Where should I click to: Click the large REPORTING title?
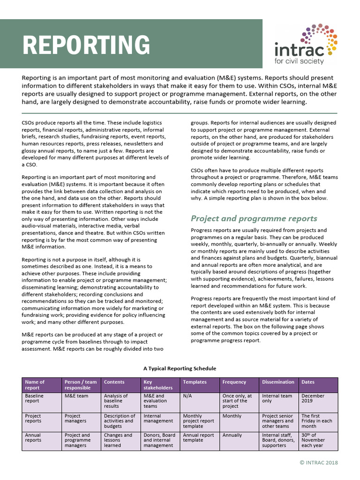pos(87,45)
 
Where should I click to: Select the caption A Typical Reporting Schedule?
pos(180,368)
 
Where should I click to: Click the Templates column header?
pos(195,382)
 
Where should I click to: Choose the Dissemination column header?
pos(278,382)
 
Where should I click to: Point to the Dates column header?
pos(308,382)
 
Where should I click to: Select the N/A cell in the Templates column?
pos(187,396)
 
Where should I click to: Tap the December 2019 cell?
pos(313,398)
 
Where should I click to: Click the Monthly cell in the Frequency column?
pos(232,416)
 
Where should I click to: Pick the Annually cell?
pos(232,435)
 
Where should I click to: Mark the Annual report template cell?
pos(198,438)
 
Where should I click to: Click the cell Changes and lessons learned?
pos(118,440)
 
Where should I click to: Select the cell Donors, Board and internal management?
pos(159,440)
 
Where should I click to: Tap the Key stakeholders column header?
pos(158,385)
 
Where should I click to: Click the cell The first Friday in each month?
pos(316,421)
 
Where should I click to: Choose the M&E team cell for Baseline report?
pos(76,396)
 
